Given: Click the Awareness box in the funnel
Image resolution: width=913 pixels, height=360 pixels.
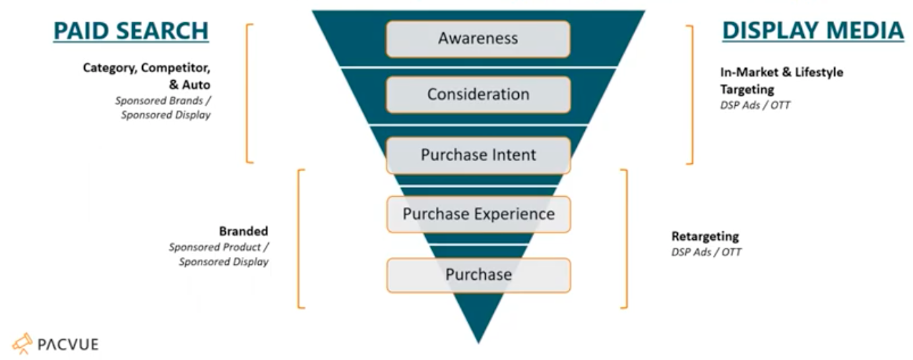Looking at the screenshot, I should (478, 38).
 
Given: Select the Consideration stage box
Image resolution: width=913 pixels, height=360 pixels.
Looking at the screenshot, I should (478, 94).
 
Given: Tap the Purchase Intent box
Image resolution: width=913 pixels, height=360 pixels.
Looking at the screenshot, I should (478, 155).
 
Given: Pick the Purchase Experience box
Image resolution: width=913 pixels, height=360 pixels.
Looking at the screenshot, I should (478, 214).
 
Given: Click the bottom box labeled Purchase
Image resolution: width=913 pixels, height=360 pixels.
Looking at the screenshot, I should (478, 275).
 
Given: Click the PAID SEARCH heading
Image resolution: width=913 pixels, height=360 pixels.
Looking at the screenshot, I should (131, 31).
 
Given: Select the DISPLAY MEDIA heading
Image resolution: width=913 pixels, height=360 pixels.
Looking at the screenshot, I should (813, 31).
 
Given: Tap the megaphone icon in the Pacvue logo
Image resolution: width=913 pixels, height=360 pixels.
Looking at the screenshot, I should (22, 343).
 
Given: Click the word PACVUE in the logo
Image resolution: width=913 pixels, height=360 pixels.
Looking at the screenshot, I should (68, 344).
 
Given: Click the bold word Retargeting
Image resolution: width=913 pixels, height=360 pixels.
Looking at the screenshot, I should (705, 237).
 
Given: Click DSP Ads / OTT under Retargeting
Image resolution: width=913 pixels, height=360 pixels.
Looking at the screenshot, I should (706, 252).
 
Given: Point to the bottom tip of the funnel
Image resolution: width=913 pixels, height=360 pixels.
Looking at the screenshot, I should (478, 341).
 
